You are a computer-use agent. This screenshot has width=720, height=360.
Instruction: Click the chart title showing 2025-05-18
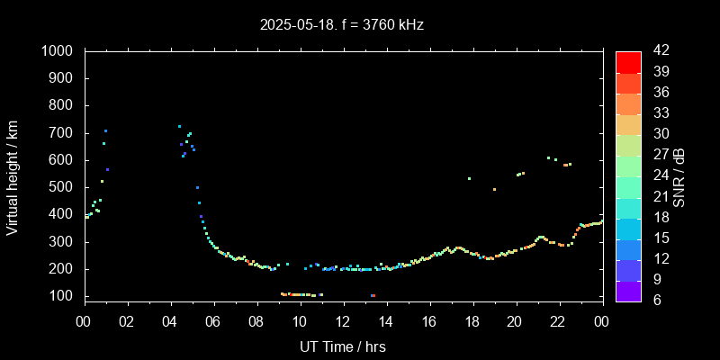342,25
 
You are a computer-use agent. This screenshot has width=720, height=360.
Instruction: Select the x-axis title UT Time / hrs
342,346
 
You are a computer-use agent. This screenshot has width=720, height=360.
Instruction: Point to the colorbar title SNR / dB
679,176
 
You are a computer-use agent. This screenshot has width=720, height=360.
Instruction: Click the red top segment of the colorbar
628,61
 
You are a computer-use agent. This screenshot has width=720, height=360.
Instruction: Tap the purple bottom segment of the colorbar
628,290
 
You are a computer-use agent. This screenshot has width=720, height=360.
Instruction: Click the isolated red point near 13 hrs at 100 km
373,295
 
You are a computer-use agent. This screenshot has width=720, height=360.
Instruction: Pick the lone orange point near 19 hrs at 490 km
494,189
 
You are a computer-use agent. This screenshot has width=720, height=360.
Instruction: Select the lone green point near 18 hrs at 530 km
469,178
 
